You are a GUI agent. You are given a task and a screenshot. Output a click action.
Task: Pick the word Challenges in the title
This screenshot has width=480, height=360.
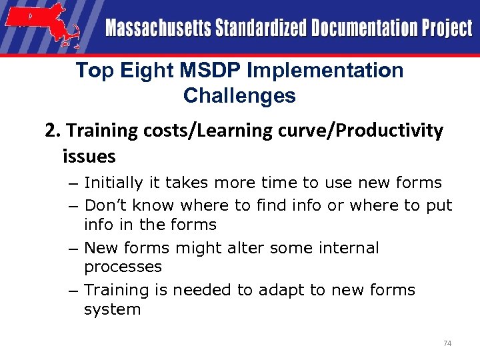239,96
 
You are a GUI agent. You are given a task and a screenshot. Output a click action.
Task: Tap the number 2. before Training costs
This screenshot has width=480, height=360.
53,131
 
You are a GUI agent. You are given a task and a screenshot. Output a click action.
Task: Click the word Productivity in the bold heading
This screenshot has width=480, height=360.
392,131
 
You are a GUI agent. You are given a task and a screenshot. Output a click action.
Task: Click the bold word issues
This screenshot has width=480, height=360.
89,157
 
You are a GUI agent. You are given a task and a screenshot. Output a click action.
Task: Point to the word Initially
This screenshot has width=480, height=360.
113,183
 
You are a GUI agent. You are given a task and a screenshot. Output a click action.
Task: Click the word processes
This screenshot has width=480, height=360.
123,267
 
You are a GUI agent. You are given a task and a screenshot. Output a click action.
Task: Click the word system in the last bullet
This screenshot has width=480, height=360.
112,309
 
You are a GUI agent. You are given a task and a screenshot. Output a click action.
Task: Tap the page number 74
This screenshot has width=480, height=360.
447,343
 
